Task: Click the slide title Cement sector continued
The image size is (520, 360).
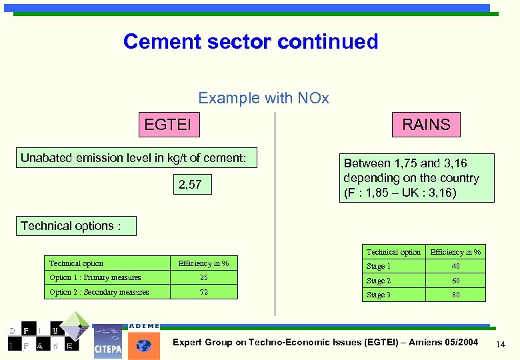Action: click(x=251, y=41)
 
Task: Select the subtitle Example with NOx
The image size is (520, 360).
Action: click(x=263, y=98)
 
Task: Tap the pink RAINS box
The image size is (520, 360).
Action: click(x=425, y=124)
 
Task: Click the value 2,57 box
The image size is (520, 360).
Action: click(x=190, y=185)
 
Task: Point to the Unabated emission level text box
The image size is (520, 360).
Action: click(x=137, y=158)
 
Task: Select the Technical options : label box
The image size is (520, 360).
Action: click(x=76, y=226)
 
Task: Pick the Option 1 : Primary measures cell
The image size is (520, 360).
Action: click(x=107, y=277)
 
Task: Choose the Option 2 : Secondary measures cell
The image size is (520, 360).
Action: click(x=107, y=292)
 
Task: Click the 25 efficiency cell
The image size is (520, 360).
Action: click(x=204, y=277)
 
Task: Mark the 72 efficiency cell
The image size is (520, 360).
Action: click(x=204, y=292)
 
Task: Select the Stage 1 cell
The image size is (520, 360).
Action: click(x=393, y=266)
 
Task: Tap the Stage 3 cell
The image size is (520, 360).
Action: click(x=393, y=295)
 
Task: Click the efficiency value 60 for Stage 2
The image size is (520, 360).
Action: click(x=456, y=281)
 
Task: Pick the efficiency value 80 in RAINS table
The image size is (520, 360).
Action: click(x=456, y=295)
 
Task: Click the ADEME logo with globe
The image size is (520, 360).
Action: click(x=143, y=342)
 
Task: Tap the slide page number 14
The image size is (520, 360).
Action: click(x=501, y=343)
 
